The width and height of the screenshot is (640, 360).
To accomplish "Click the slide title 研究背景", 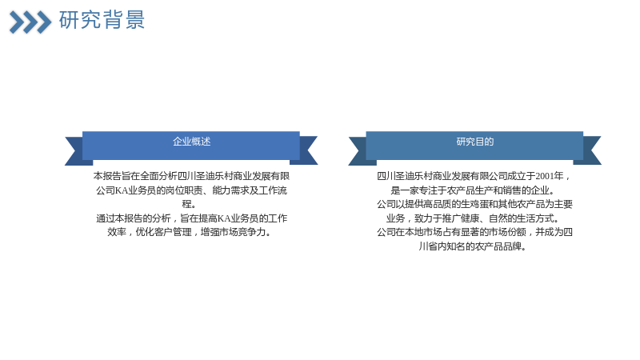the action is click(x=102, y=19).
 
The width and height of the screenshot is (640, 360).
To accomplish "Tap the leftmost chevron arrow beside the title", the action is click(x=17, y=22).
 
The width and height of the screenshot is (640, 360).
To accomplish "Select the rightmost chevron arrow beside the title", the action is click(x=44, y=22).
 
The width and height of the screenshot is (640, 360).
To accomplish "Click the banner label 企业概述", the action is click(x=191, y=142).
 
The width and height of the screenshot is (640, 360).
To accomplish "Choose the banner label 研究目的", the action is click(x=475, y=142).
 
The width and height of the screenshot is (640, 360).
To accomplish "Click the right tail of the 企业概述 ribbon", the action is click(x=308, y=150).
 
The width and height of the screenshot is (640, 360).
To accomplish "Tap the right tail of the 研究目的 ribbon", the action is click(x=592, y=150).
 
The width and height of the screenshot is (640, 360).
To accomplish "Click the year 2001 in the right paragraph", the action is click(x=545, y=176).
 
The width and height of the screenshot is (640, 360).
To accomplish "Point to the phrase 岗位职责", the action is click(x=184, y=190).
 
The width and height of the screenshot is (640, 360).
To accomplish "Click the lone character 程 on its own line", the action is click(x=186, y=204).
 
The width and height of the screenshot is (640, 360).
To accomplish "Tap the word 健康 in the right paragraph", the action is click(x=470, y=218).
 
